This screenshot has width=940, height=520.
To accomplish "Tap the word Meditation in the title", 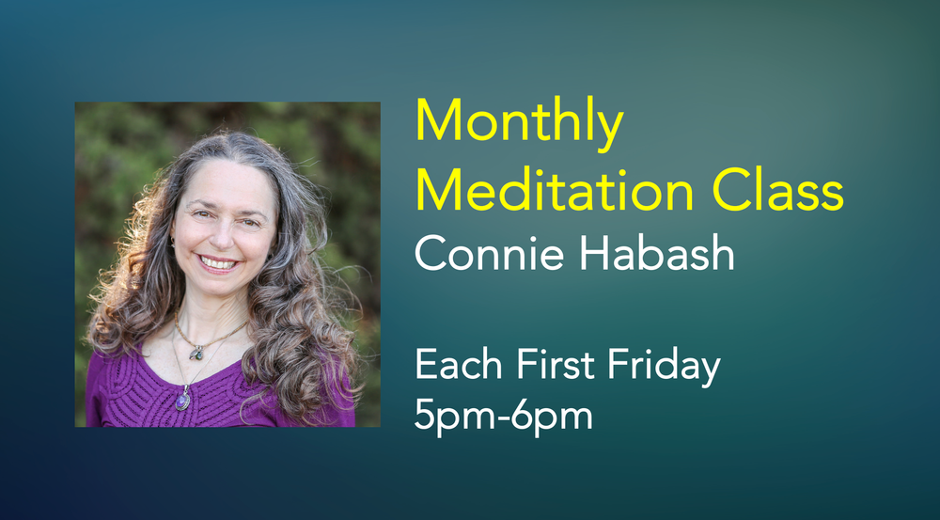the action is (555, 191).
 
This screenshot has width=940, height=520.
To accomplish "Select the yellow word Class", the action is (778, 191).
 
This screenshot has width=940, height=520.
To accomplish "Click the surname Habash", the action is (656, 252).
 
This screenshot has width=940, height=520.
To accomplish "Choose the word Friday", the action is (664, 367).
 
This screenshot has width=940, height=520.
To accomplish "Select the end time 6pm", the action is (555, 417).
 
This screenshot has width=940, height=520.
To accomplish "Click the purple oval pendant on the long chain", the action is (183, 400).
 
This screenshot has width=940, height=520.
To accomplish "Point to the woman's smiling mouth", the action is (218, 262).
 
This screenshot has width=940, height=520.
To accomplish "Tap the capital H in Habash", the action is (593, 252).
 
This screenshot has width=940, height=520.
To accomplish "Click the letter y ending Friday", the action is (710, 371).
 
